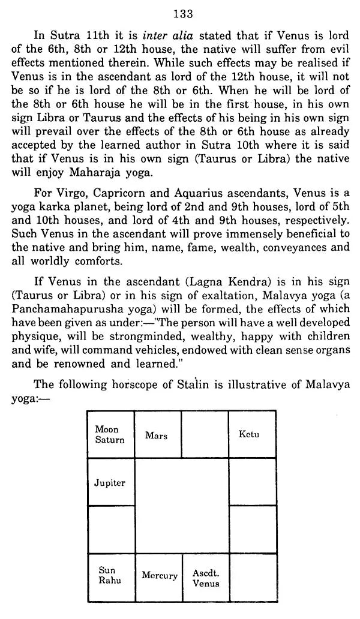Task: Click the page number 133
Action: (x=181, y=13)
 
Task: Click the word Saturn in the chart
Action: (x=110, y=440)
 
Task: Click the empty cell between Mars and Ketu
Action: (x=205, y=435)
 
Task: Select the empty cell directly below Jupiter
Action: (x=110, y=529)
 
